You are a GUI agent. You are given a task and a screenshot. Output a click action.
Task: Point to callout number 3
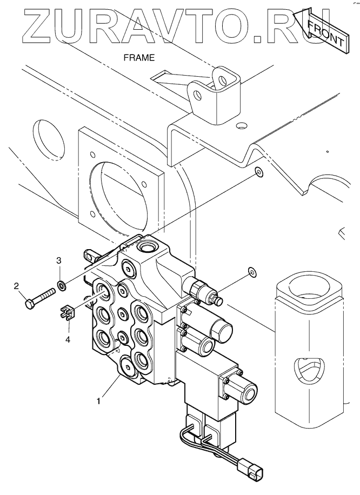pos(59,260)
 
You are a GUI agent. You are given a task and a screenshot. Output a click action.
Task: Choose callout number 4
pos(68,339)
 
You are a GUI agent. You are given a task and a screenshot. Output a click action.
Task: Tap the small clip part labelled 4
pos(67,312)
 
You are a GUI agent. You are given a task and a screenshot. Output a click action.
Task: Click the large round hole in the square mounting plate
pos(119,196)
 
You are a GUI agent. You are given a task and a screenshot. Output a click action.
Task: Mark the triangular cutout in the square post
pos(309,370)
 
